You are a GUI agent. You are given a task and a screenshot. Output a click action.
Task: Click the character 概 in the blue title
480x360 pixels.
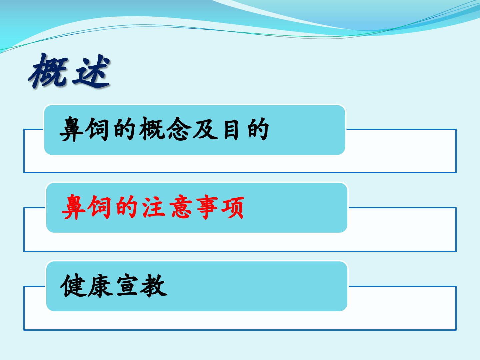pos(48,71)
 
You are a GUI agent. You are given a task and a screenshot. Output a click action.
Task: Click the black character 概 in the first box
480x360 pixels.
pos(152,129)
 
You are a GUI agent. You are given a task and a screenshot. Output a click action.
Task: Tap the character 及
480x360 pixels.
pos(205,129)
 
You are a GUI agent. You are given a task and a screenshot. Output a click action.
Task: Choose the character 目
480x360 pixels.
pos(231,129)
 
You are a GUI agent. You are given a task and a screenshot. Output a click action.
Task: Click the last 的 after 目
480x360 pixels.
pos(258,129)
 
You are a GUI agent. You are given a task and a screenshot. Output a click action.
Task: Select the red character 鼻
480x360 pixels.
pos(73,207)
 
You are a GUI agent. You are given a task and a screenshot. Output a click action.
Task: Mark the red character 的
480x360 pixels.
pos(127,207)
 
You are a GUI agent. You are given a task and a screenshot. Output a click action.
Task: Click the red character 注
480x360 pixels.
pos(154,207)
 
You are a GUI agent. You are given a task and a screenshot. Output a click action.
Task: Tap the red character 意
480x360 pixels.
pos(181,207)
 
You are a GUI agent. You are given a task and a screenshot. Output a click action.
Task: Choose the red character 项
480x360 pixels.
pos(233,207)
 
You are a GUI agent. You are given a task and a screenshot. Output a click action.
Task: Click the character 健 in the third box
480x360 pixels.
pos(73,285)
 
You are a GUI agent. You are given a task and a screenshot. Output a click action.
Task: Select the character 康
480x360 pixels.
pos(100,285)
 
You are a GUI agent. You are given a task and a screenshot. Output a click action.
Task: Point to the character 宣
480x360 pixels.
pos(127,285)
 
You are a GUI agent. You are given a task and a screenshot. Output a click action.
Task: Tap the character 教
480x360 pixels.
pos(154,285)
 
